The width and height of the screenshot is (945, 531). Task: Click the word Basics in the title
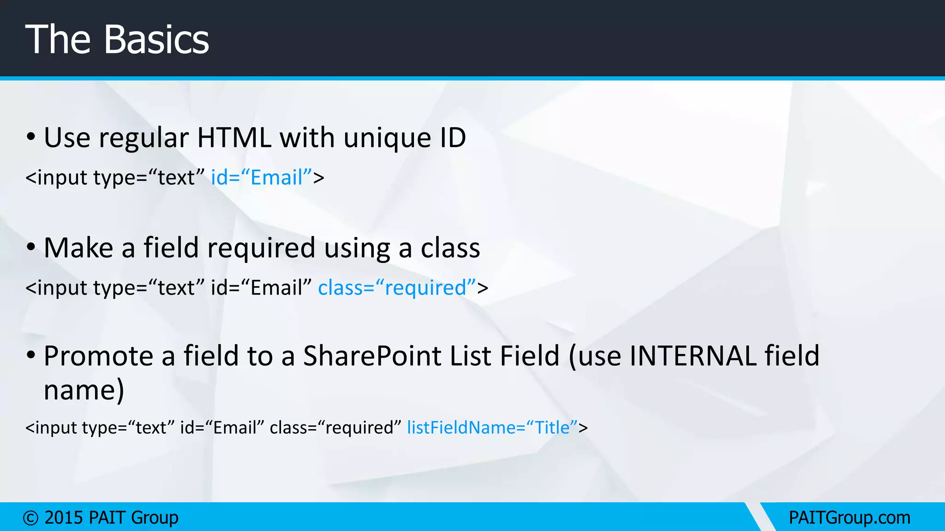pyautogui.click(x=156, y=40)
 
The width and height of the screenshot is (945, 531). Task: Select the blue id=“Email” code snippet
pyautogui.click(x=262, y=177)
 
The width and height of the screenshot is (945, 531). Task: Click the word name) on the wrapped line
pyautogui.click(x=84, y=390)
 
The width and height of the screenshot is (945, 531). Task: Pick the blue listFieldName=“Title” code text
pyautogui.click(x=492, y=428)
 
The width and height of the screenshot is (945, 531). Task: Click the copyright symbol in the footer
pyautogui.click(x=30, y=518)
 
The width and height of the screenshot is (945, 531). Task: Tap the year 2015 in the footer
pyautogui.click(x=63, y=518)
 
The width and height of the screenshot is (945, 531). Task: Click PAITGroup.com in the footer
pyautogui.click(x=849, y=518)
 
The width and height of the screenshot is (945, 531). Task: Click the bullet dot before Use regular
pyautogui.click(x=31, y=137)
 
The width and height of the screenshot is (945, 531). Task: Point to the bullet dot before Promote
pyautogui.click(x=31, y=355)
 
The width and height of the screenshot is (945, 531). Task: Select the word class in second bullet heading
pyautogui.click(x=450, y=248)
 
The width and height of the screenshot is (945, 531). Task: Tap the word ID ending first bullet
pyautogui.click(x=452, y=138)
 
